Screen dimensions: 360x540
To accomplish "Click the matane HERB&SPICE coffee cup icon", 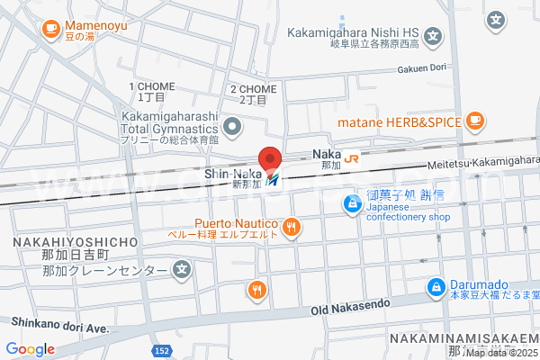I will (475, 121).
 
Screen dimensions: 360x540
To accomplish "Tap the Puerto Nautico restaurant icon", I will (291, 228).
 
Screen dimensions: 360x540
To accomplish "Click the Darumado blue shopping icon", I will (435, 286).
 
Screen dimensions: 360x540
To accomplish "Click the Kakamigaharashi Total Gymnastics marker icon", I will (233, 126).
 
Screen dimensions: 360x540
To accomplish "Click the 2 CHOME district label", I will (253, 89).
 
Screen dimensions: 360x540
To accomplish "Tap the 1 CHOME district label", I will (151, 86).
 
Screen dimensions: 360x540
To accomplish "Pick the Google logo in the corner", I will (30, 348).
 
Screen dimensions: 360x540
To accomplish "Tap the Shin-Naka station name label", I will (233, 173).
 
